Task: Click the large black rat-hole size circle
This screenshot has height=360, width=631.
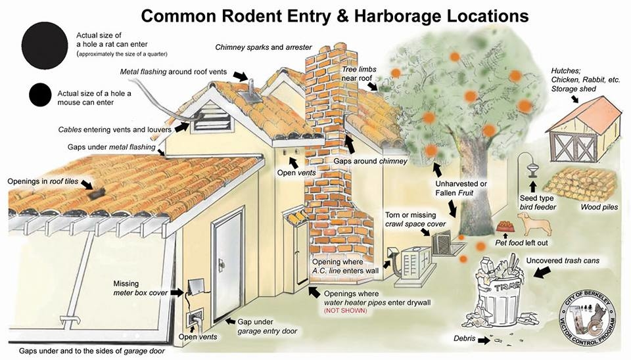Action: click(x=45, y=45)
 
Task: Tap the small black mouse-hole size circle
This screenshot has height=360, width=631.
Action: click(x=40, y=95)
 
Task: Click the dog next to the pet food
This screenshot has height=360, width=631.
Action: click(x=535, y=225)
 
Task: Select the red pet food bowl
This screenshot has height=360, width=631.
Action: click(x=505, y=227)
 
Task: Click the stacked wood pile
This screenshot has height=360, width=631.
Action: click(x=580, y=185)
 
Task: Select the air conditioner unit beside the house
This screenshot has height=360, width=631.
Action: click(x=415, y=266)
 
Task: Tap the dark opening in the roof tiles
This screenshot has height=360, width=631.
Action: click(x=97, y=194)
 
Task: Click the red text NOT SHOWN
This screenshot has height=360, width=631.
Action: click(x=345, y=311)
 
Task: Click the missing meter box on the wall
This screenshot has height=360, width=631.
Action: click(x=195, y=286)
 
